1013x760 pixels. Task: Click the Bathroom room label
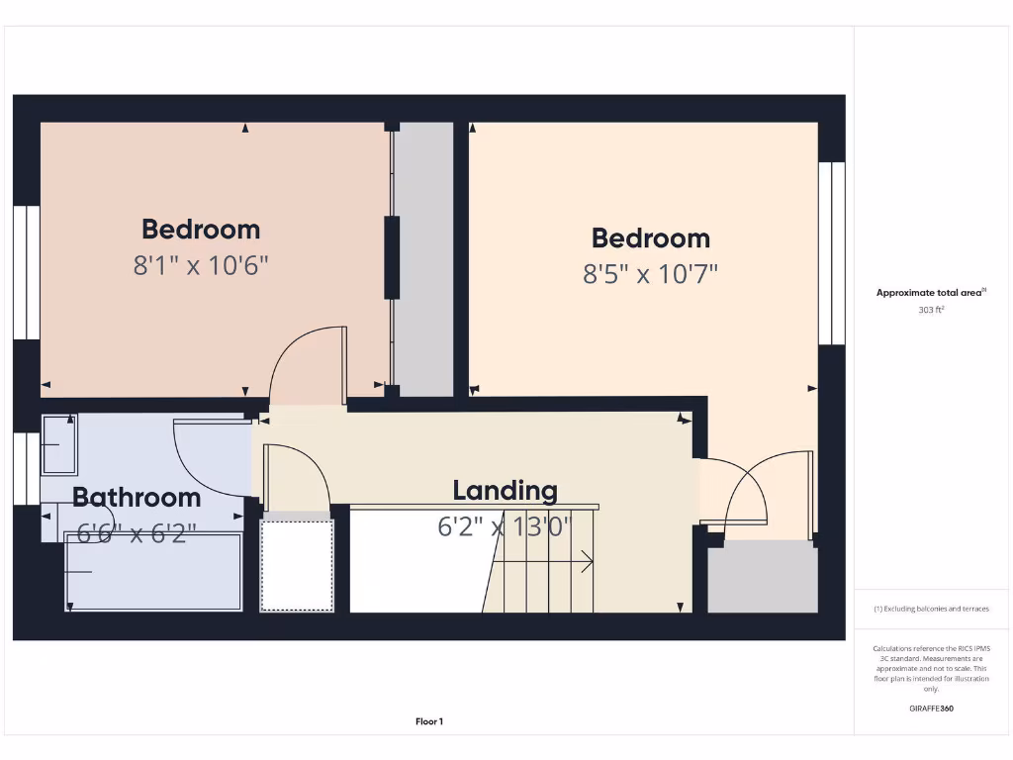point(137,497)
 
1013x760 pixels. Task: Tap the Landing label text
point(505,490)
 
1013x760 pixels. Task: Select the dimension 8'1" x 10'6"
point(201,265)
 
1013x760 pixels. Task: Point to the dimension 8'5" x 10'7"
point(650,273)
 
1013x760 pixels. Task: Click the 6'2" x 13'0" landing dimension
point(505,525)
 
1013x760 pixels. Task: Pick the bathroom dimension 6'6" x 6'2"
point(137,533)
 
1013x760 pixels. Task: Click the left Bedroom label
point(201,230)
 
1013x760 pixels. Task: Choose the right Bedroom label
point(650,238)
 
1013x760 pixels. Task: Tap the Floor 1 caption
point(428,722)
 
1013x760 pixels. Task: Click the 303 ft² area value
point(931,310)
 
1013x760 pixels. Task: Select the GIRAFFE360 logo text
point(931,709)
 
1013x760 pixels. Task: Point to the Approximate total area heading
point(930,292)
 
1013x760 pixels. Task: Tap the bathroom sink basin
point(59,444)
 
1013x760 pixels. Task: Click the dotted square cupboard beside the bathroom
point(296,565)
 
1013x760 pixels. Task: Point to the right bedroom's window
point(832,252)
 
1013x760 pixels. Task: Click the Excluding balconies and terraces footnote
point(931,609)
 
